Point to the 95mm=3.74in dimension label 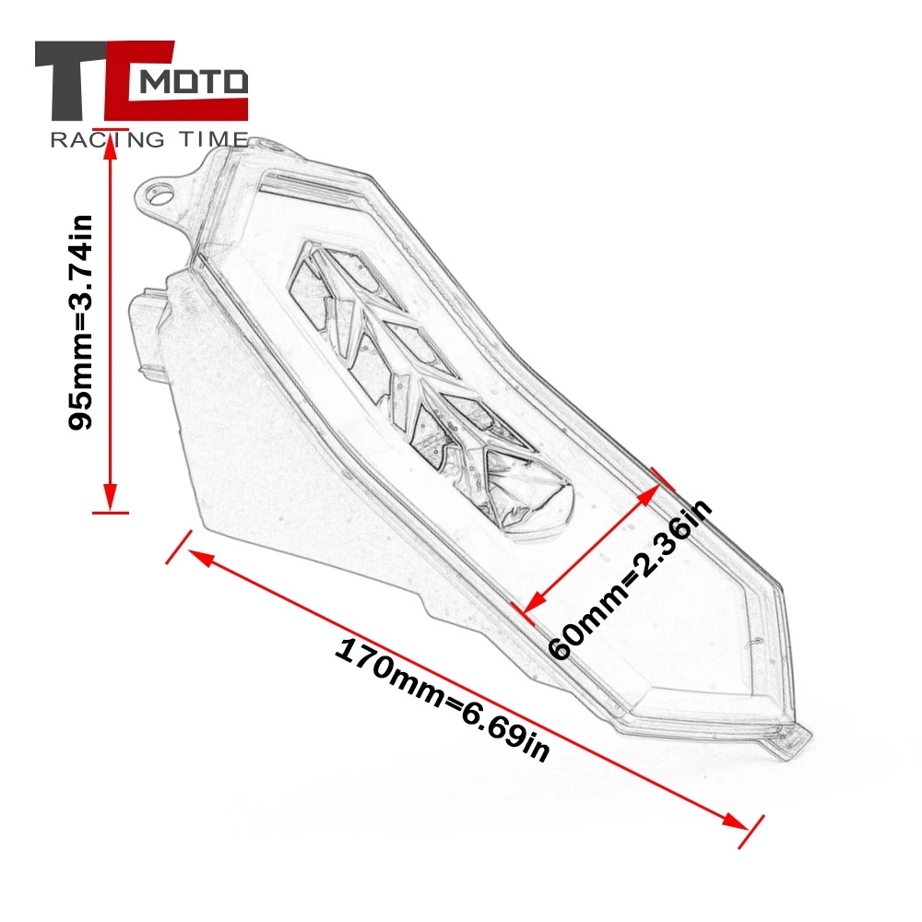(x=82, y=322)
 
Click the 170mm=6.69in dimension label (x=442, y=698)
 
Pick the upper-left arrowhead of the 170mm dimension (x=197, y=556)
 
